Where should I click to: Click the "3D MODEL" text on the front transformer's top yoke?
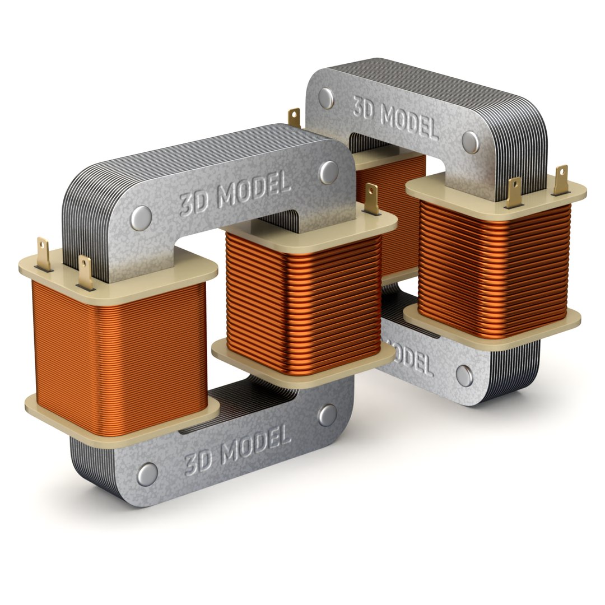[x=235, y=192]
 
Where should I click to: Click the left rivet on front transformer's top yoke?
[x=142, y=218]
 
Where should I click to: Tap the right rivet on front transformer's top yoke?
[x=328, y=172]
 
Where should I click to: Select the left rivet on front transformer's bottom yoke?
[x=147, y=474]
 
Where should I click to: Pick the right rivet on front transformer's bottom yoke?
[x=328, y=415]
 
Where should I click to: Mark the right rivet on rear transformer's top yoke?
[x=472, y=142]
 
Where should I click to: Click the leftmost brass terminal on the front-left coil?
[x=44, y=254]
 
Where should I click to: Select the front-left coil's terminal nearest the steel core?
[x=85, y=273]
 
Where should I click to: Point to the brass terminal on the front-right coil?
[x=371, y=199]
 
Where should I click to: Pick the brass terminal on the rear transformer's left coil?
[x=294, y=118]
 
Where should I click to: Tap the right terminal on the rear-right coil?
[x=560, y=179]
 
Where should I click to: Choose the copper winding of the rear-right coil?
[x=493, y=269]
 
